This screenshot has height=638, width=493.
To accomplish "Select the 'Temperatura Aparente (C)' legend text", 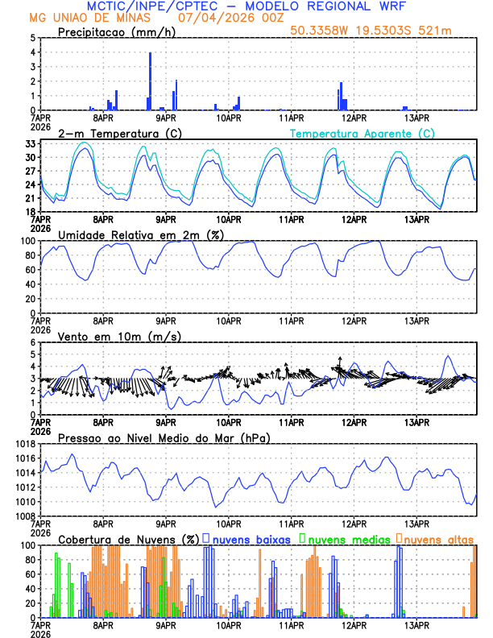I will pos(362,133).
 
